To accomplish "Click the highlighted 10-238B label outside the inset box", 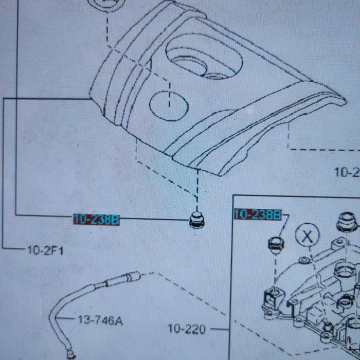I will coord(97,220).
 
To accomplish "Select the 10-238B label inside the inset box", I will coord(258,214).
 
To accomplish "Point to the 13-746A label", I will coord(100,321).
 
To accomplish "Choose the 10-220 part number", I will coord(187,328).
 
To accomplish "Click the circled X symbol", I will coord(308,236).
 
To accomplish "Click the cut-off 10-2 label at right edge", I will coord(347,172).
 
